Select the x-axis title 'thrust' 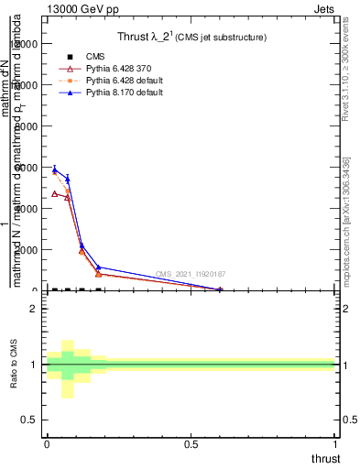coord(325,459)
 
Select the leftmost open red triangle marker coord(54,193)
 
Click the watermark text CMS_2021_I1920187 coord(191,274)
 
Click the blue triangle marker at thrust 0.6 coord(220,289)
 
